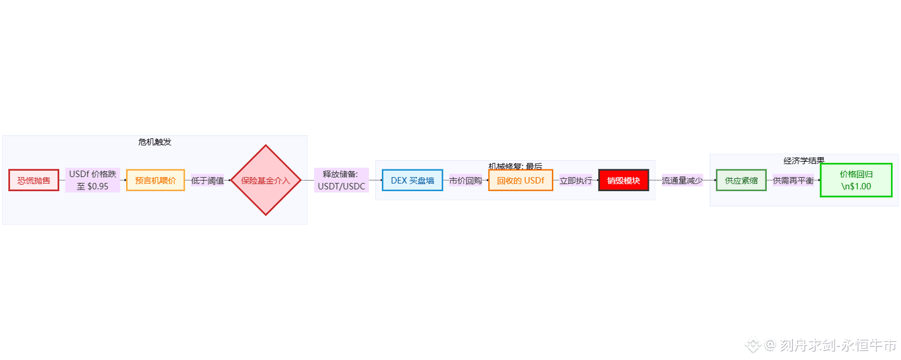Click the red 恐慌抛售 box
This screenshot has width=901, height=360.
[x=34, y=180]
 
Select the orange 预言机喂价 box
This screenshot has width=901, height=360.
[x=155, y=180]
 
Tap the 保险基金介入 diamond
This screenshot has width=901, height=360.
[x=266, y=180]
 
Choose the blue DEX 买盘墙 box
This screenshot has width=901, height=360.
[x=412, y=180]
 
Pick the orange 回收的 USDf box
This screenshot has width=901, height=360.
[x=520, y=180]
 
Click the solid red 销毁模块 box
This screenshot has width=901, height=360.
[x=624, y=180]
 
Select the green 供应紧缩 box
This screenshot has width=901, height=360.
[x=741, y=180]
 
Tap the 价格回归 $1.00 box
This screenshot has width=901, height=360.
[x=856, y=180]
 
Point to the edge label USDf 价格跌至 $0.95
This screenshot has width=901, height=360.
[x=93, y=180]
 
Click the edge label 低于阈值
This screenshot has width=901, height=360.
[x=208, y=180]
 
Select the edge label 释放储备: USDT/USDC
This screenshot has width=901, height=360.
[x=341, y=180]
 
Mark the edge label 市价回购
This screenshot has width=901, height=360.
[x=465, y=180]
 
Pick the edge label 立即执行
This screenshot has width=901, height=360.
[x=575, y=180]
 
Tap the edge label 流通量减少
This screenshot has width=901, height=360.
[x=682, y=180]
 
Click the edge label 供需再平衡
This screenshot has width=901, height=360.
[x=793, y=180]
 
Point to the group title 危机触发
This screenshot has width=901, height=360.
[x=155, y=142]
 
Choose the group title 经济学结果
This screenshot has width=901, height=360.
[x=804, y=160]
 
